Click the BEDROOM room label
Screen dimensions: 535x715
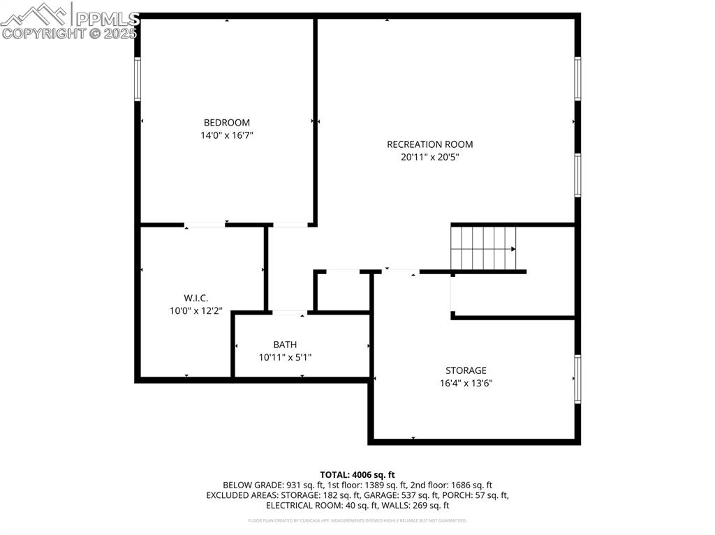click(x=226, y=123)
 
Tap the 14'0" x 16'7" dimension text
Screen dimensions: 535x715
click(x=226, y=135)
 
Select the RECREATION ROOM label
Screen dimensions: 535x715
click(x=429, y=144)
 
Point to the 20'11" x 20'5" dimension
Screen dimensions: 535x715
click(x=429, y=157)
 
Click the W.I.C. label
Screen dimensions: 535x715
click(x=196, y=298)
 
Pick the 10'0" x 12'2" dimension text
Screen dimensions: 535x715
click(x=196, y=311)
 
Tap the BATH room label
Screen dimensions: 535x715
click(x=285, y=345)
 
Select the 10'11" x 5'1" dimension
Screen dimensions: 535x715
click(x=285, y=357)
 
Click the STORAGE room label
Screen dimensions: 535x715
click(x=466, y=370)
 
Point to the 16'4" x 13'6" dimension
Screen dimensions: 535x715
click(x=466, y=383)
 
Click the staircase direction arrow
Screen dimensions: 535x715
click(x=513, y=248)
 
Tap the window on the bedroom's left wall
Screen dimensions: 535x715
click(x=138, y=79)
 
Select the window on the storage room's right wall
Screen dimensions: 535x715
click(x=577, y=379)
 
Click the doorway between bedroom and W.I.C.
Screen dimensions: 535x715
click(x=205, y=225)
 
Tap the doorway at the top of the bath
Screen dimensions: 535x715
click(x=288, y=312)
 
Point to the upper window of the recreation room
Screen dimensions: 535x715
click(x=577, y=78)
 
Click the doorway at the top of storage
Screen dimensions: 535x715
click(x=401, y=271)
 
